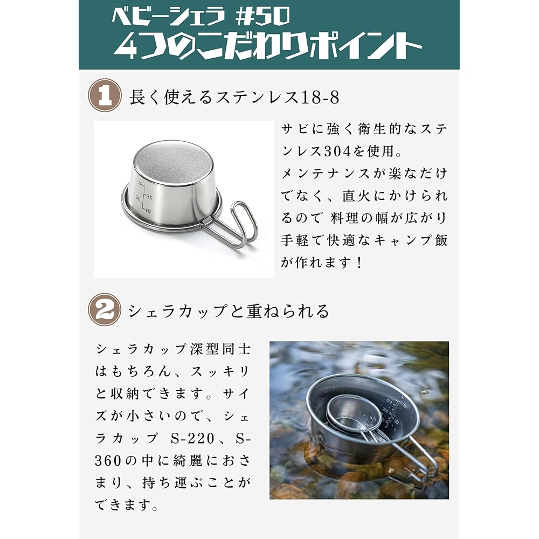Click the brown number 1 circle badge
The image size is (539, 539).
[x=105, y=96]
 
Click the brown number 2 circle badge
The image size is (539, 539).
[x=105, y=309]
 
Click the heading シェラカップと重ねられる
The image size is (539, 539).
[x=229, y=311]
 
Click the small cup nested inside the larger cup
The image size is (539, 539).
[x=353, y=414]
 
